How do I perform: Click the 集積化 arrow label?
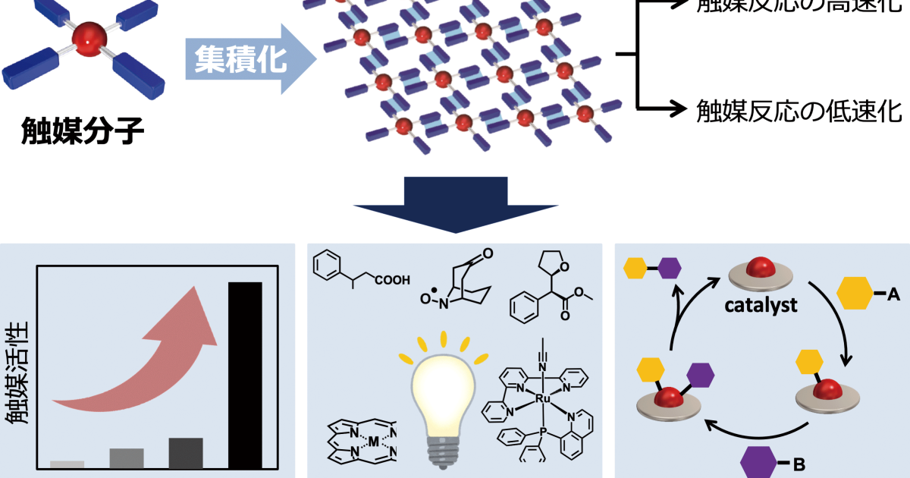236,59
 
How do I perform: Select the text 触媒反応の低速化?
799,111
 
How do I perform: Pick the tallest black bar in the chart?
246,375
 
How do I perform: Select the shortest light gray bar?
67,464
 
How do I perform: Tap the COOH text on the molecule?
394,280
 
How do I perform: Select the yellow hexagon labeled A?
855,294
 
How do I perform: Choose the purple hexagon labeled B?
759,461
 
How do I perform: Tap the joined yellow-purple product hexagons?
652,267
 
